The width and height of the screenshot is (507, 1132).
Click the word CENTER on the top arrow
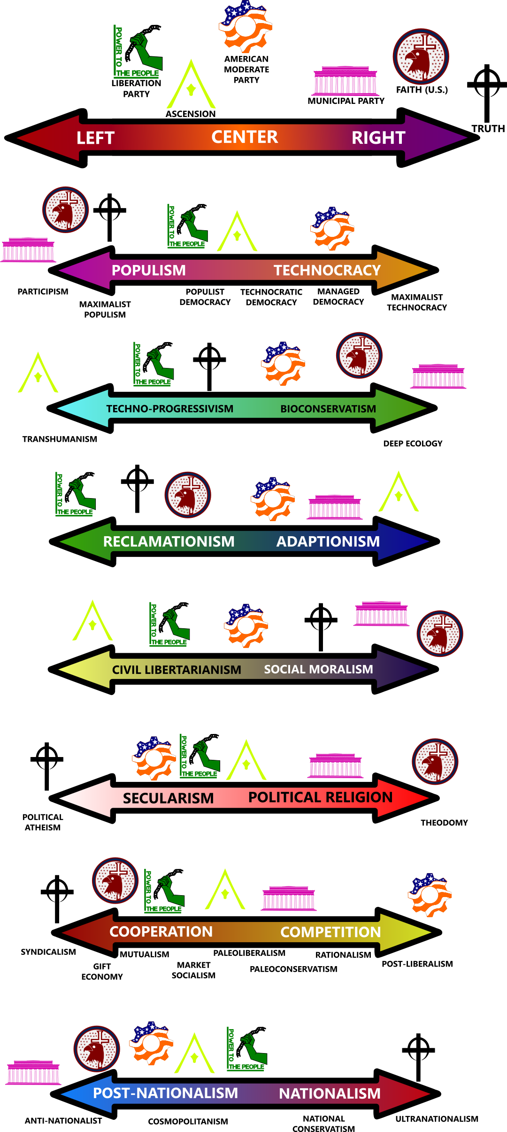245,137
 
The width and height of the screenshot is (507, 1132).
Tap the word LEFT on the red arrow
95,138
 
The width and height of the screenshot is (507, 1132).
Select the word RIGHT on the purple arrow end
378,138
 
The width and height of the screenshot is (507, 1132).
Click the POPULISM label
148,270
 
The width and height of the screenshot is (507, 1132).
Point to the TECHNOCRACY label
327,270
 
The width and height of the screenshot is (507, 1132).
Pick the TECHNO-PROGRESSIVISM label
169,409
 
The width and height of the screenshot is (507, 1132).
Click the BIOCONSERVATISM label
328,409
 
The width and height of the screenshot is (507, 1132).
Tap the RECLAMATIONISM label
169,541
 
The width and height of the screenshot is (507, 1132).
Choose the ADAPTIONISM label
328,541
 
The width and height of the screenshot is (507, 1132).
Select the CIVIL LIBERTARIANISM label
177,670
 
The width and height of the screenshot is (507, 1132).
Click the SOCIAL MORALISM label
318,669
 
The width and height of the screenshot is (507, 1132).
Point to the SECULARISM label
168,798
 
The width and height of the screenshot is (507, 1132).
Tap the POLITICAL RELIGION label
320,797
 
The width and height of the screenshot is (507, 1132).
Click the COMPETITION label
330,932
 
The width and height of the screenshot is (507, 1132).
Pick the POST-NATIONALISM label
165,1093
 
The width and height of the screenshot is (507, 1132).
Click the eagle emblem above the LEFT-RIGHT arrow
421,56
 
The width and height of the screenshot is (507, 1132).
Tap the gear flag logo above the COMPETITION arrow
430,895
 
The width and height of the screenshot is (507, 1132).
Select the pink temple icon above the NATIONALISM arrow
33,1072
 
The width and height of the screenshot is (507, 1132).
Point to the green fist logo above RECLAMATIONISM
76,494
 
